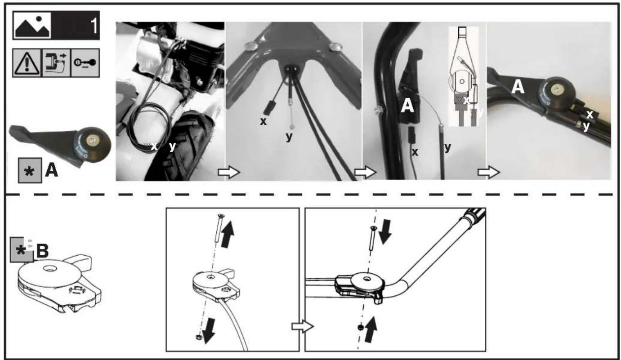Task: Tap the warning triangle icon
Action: pyautogui.click(x=27, y=63)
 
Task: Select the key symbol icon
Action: pyautogui.click(x=85, y=63)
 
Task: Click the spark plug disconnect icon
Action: pyautogui.click(x=56, y=63)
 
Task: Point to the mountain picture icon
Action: pyautogui.click(x=32, y=26)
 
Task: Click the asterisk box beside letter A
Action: pyautogui.click(x=30, y=170)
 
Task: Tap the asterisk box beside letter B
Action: pyautogui.click(x=22, y=249)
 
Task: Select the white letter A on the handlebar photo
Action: pyautogui.click(x=518, y=87)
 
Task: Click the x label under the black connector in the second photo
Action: pyautogui.click(x=264, y=121)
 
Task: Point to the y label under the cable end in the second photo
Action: pyautogui.click(x=289, y=136)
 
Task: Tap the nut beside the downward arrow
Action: pyautogui.click(x=199, y=337)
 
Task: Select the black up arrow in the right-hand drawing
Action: pyautogui.click(x=371, y=330)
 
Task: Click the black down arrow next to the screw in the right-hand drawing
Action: pyautogui.click(x=385, y=232)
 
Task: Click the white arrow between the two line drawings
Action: pyautogui.click(x=303, y=326)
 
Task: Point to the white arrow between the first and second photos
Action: pyautogui.click(x=229, y=173)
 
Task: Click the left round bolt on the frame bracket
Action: pyautogui.click(x=251, y=46)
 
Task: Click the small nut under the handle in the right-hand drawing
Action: pyautogui.click(x=360, y=327)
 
